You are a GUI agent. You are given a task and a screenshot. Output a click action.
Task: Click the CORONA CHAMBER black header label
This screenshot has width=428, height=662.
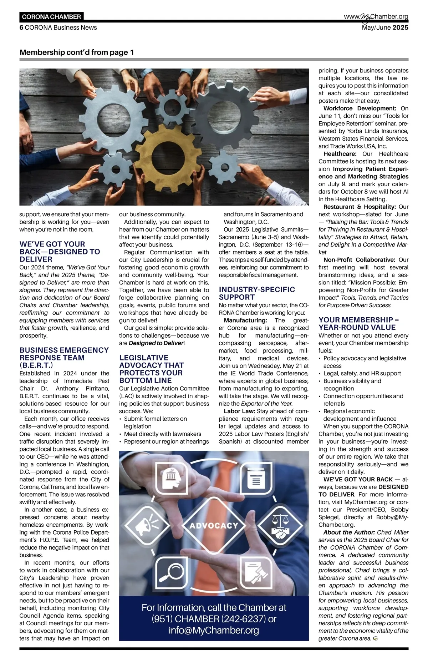[51, 17]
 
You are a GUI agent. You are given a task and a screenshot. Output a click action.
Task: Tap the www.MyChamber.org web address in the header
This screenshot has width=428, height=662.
[376, 17]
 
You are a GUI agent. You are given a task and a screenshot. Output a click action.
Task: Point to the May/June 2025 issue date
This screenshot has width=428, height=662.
[385, 27]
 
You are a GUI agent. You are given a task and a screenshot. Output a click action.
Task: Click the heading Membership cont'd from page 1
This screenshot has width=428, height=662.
[77, 52]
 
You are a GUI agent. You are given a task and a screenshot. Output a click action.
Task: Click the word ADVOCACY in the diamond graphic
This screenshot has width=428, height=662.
[214, 525]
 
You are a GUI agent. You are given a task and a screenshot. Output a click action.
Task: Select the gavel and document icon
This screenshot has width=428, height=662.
[256, 572]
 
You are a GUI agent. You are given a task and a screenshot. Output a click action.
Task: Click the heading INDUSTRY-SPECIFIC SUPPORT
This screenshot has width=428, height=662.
[257, 293]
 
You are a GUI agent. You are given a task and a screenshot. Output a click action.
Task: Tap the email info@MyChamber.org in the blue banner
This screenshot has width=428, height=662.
[214, 630]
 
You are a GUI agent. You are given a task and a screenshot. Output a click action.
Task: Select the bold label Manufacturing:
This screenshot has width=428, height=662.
[245, 320]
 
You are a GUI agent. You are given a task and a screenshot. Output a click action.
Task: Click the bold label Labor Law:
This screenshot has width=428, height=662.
[239, 411]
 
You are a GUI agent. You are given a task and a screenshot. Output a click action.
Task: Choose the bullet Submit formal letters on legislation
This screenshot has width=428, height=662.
[155, 423]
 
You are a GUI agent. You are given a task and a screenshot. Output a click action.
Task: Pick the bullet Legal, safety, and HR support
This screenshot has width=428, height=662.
[362, 373]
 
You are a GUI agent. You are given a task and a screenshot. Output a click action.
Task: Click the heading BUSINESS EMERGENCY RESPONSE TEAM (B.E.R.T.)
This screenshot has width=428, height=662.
[64, 358]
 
